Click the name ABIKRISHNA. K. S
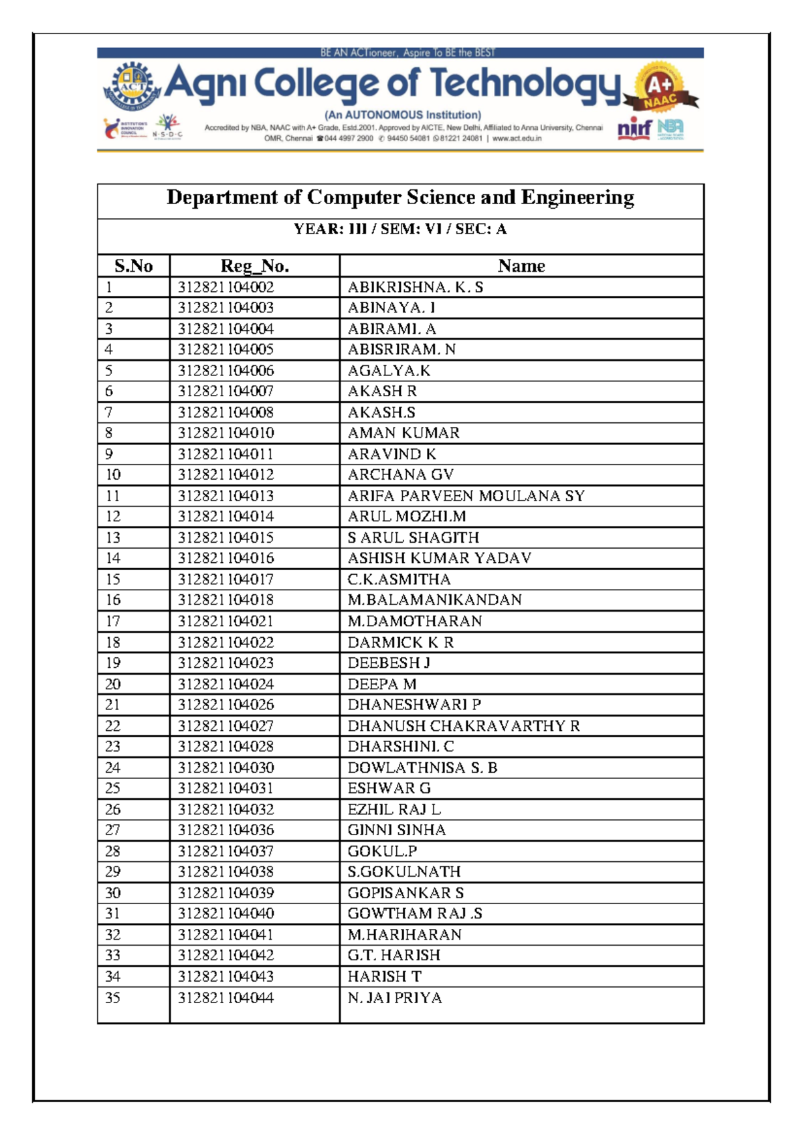coord(415,287)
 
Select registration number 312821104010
coord(226,433)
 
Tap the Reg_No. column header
coord(254,266)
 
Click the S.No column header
coord(133,266)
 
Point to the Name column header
coord(521,266)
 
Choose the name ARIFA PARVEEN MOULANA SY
coord(466,496)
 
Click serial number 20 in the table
coord(113,684)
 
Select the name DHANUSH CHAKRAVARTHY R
coord(463,726)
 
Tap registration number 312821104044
coord(226,998)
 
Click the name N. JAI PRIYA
coord(395,998)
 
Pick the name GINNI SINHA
coord(396,830)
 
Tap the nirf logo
coord(634,127)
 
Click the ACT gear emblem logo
coord(132,87)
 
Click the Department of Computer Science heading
coord(400,197)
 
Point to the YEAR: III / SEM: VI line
coord(400,229)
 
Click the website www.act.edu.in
coord(517,139)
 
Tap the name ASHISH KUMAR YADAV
coord(439,558)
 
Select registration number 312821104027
coord(226,726)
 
